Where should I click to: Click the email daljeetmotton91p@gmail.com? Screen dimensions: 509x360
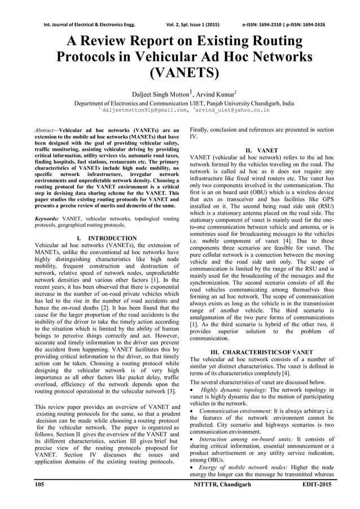(x=140, y=110)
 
